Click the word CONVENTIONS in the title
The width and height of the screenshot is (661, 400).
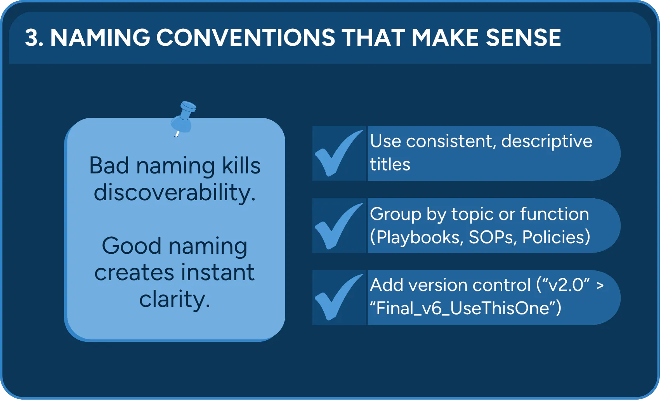coord(246,38)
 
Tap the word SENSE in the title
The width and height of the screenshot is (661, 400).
coord(523,38)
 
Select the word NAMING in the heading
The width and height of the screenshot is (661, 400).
coord(100,38)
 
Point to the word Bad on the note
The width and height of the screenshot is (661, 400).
coord(109,166)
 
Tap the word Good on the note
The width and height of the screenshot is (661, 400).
coord(132,246)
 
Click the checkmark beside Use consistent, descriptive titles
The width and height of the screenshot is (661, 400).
coord(338,153)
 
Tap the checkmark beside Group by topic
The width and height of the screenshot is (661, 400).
coord(338,226)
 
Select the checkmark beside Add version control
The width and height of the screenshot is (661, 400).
coord(338,297)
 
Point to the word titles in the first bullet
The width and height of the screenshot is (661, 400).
coord(390,165)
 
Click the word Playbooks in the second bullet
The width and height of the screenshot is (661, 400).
coord(418,237)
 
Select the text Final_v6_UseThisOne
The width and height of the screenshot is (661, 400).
coord(462,308)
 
